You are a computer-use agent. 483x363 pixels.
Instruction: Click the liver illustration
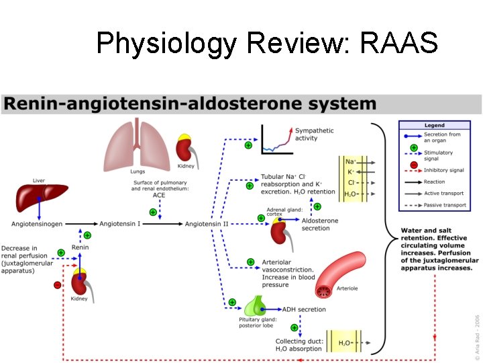[41, 197]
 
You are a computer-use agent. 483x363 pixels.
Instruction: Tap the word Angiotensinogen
[38, 223]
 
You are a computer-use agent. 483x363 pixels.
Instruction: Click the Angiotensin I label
[120, 223]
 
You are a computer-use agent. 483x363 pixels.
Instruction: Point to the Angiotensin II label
[207, 223]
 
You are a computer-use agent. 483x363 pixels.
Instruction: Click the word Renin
[80, 247]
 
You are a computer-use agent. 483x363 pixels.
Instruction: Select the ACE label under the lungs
[159, 195]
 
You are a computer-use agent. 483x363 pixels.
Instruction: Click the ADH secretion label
[304, 310]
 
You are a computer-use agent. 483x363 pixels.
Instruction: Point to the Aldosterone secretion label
[321, 225]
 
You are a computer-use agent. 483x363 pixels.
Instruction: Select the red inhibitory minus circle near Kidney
[58, 285]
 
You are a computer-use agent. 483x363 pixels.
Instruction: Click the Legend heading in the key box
[434, 126]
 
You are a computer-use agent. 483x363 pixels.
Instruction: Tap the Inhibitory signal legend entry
[443, 171]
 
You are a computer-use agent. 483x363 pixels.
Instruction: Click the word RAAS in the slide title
[399, 44]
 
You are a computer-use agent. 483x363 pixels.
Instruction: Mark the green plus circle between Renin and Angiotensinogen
[87, 235]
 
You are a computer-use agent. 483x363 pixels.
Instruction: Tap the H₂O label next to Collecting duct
[345, 344]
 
